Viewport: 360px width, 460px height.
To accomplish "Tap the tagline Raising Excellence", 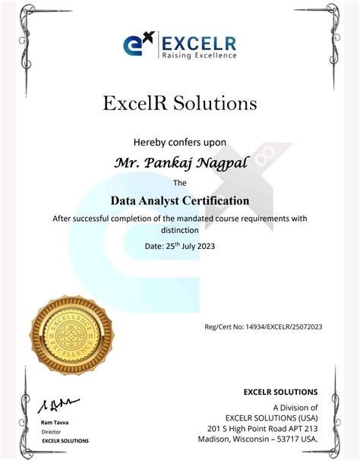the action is coord(198,55).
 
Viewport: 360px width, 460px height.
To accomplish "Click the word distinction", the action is coord(180,229).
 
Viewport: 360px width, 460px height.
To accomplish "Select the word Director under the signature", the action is coord(51,431).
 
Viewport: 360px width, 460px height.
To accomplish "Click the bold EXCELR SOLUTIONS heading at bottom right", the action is coord(280,392).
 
